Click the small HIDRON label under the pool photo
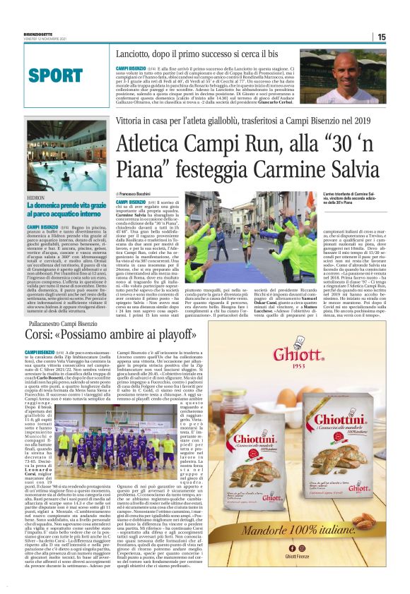(37, 200)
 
